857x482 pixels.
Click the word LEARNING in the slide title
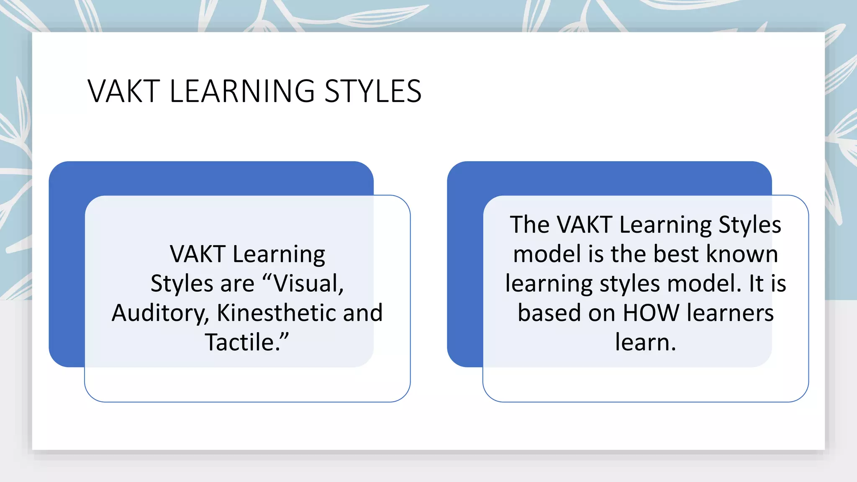coord(242,91)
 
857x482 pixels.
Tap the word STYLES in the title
coord(372,91)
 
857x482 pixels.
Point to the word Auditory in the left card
coord(160,313)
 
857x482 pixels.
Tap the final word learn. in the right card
coord(645,342)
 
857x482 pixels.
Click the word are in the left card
coord(237,283)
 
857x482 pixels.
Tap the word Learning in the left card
coord(279,255)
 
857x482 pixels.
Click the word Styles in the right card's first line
coord(749,226)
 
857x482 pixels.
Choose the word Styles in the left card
coord(182,284)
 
